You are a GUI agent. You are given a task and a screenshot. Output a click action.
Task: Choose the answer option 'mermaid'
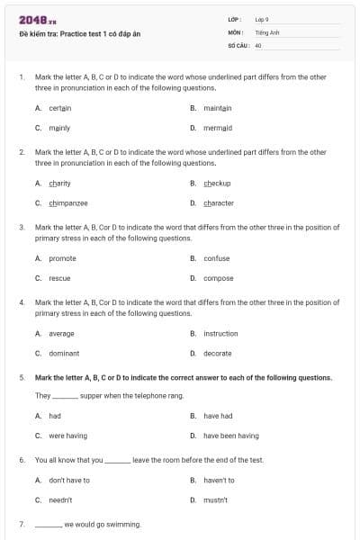pyautogui.click(x=218, y=128)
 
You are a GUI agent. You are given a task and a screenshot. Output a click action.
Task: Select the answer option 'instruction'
pyautogui.click(x=220, y=334)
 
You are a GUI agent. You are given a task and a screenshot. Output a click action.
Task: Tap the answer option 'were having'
pyautogui.click(x=67, y=436)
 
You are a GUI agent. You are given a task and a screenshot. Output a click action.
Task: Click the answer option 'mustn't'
pyautogui.click(x=215, y=499)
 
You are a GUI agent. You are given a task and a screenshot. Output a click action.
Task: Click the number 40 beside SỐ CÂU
pyautogui.click(x=258, y=44)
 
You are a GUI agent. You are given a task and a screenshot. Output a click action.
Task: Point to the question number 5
pyautogui.click(x=22, y=378)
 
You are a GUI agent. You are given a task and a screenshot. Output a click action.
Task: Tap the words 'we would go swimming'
pyautogui.click(x=102, y=524)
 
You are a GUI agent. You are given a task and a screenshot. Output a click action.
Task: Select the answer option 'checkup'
pyautogui.click(x=217, y=184)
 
